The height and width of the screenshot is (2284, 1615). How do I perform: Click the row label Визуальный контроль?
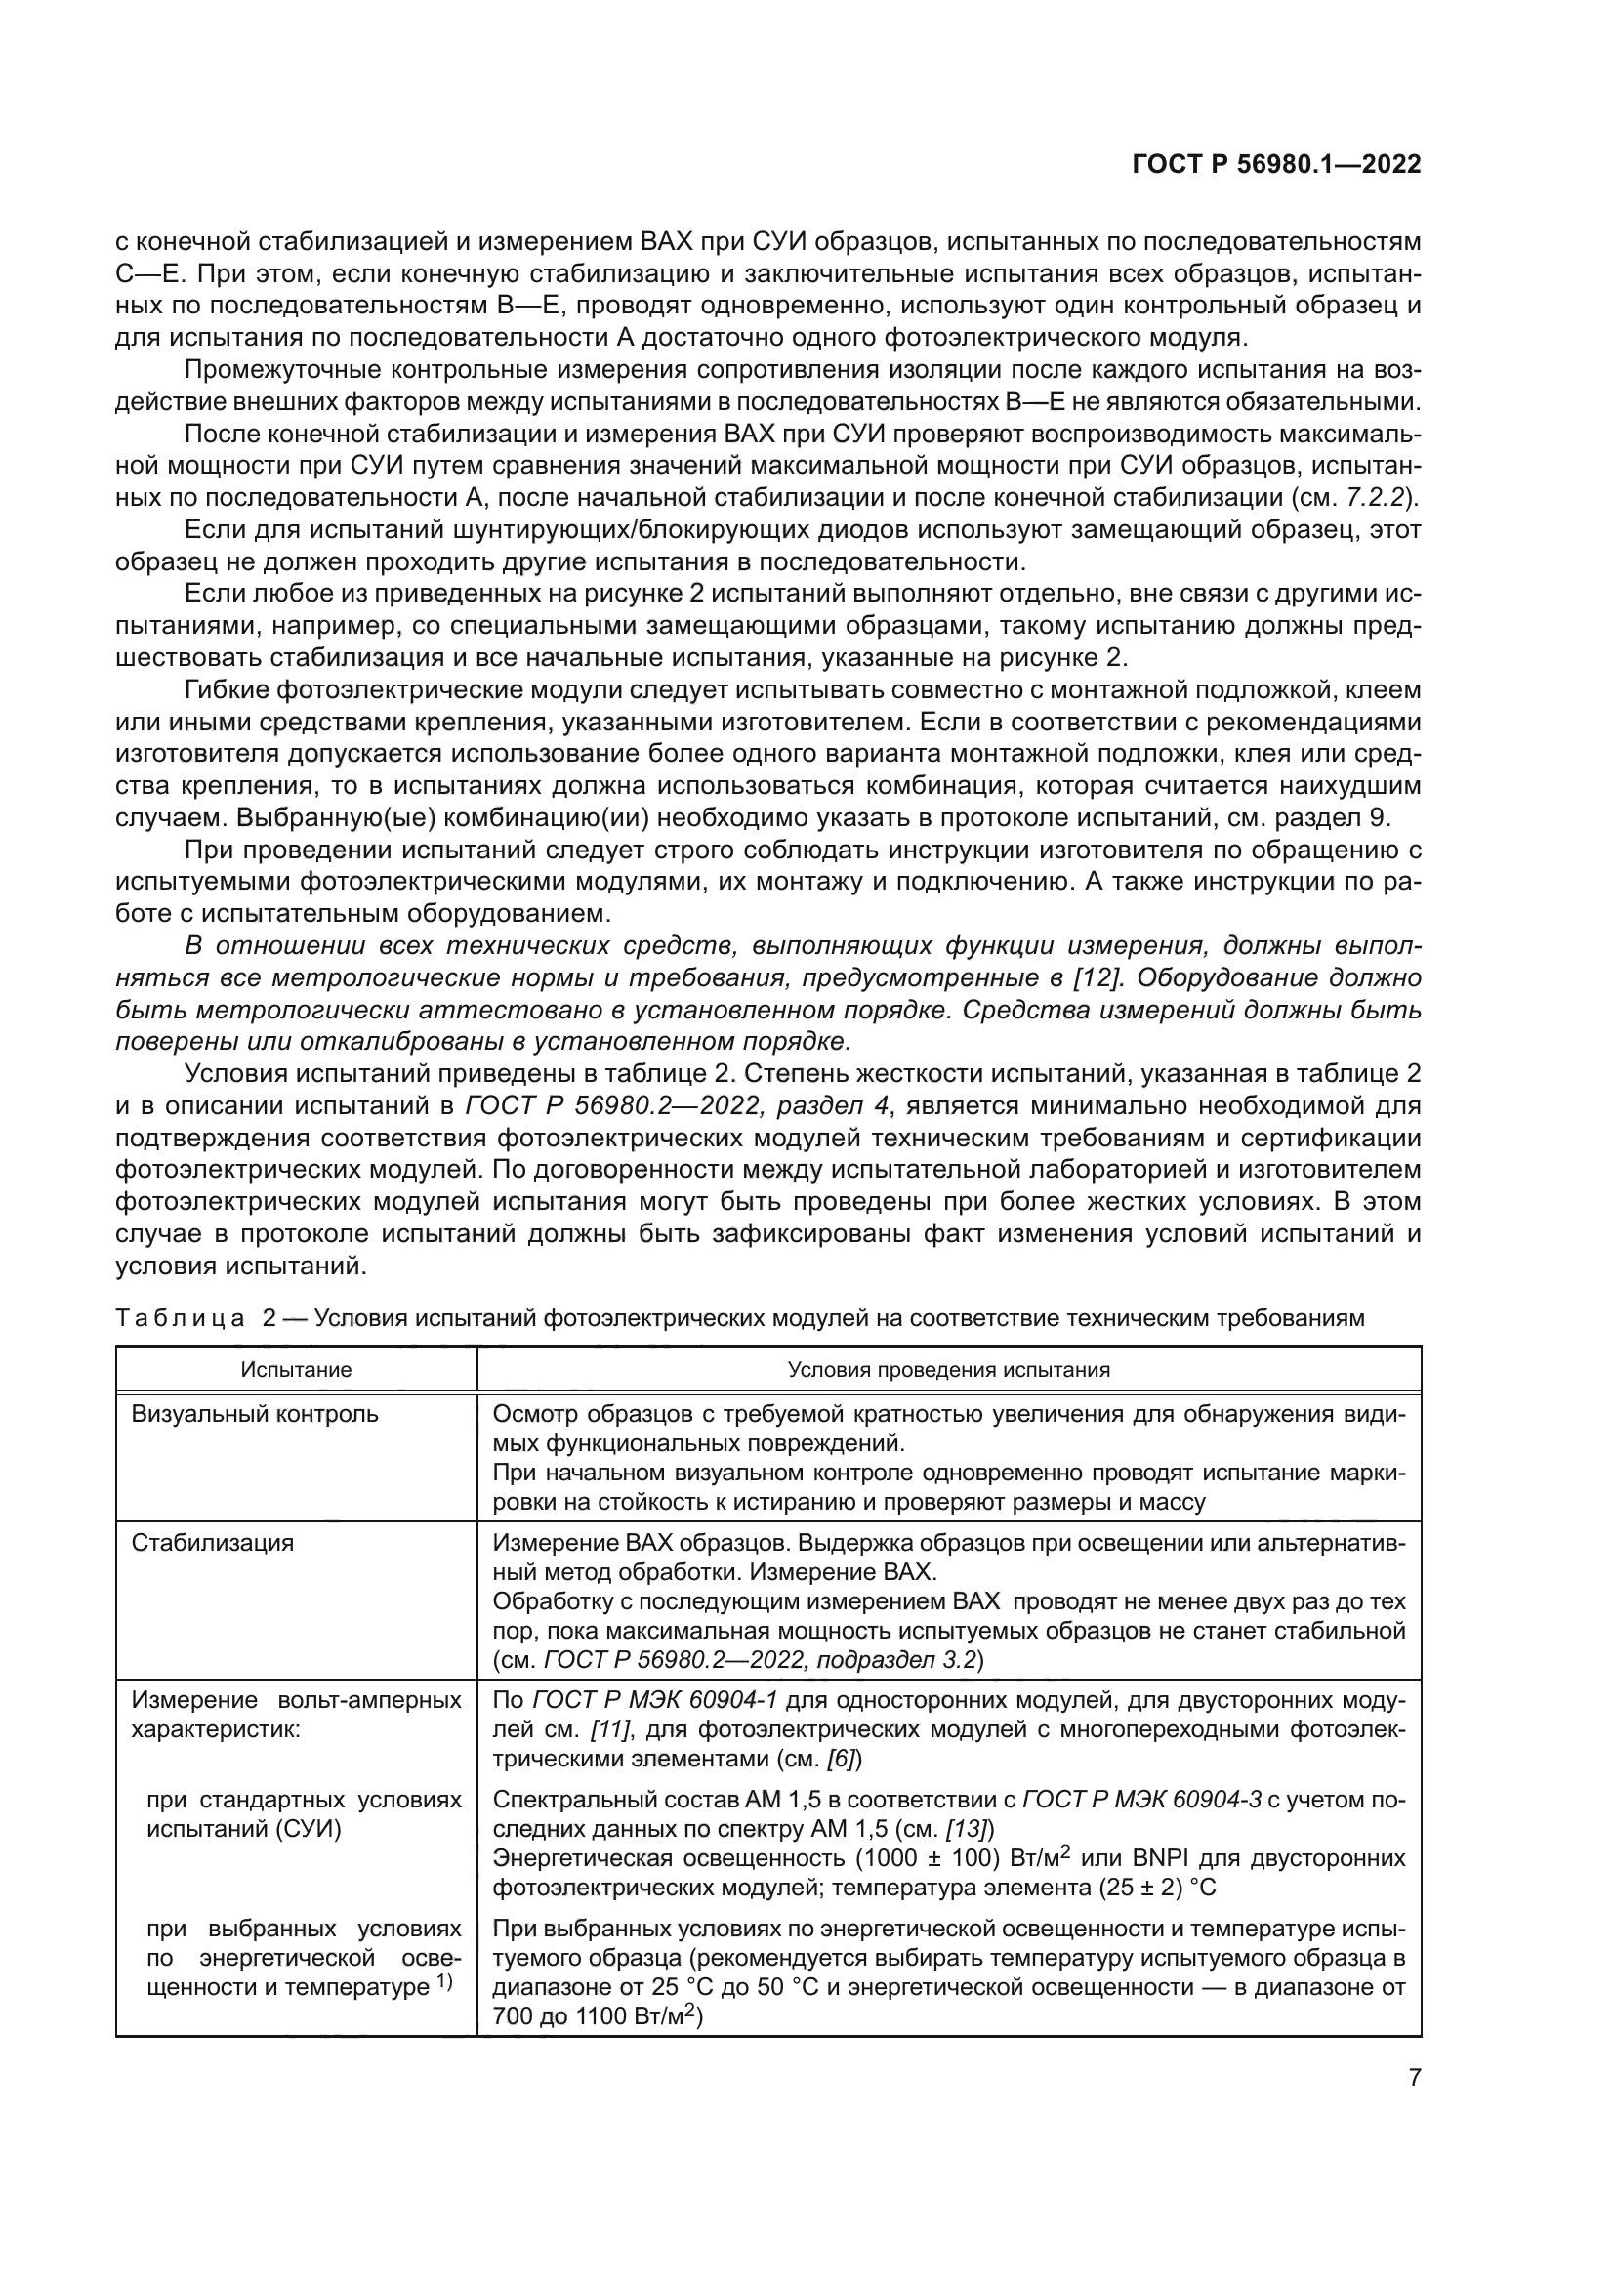[255, 1414]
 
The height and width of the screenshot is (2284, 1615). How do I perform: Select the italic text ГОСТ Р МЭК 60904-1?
[654, 1700]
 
